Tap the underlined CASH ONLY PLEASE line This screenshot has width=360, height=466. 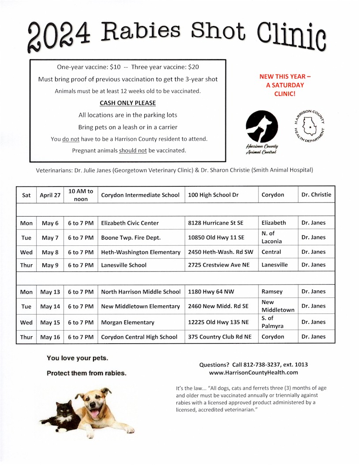click(127, 103)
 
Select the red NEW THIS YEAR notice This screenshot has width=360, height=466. click(282, 85)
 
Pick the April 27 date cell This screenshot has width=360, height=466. click(50, 195)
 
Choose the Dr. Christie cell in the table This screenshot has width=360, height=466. click(316, 194)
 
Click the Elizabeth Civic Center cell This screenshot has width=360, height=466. click(130, 223)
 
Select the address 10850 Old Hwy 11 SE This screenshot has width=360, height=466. click(216, 237)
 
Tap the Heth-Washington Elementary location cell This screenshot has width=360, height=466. click(141, 252)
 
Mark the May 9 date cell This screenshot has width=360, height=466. click(50, 265)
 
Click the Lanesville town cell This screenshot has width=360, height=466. click(274, 265)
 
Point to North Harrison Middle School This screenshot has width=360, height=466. click(141, 292)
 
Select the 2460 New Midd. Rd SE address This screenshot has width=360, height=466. click(218, 306)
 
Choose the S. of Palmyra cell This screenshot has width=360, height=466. click(272, 322)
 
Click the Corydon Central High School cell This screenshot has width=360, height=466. click(139, 337)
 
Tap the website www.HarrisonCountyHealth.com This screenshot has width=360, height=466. click(253, 372)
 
